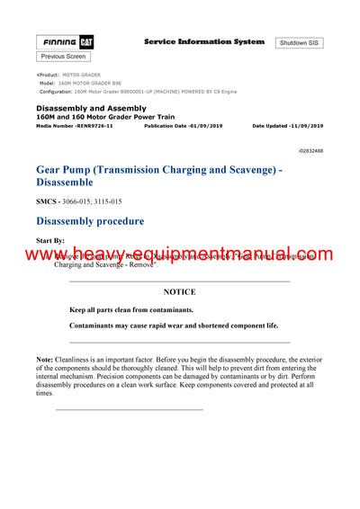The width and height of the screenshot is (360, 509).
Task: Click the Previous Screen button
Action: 64,57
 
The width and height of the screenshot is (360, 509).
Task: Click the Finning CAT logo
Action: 65,42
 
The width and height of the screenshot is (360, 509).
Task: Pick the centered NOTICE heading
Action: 179,292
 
